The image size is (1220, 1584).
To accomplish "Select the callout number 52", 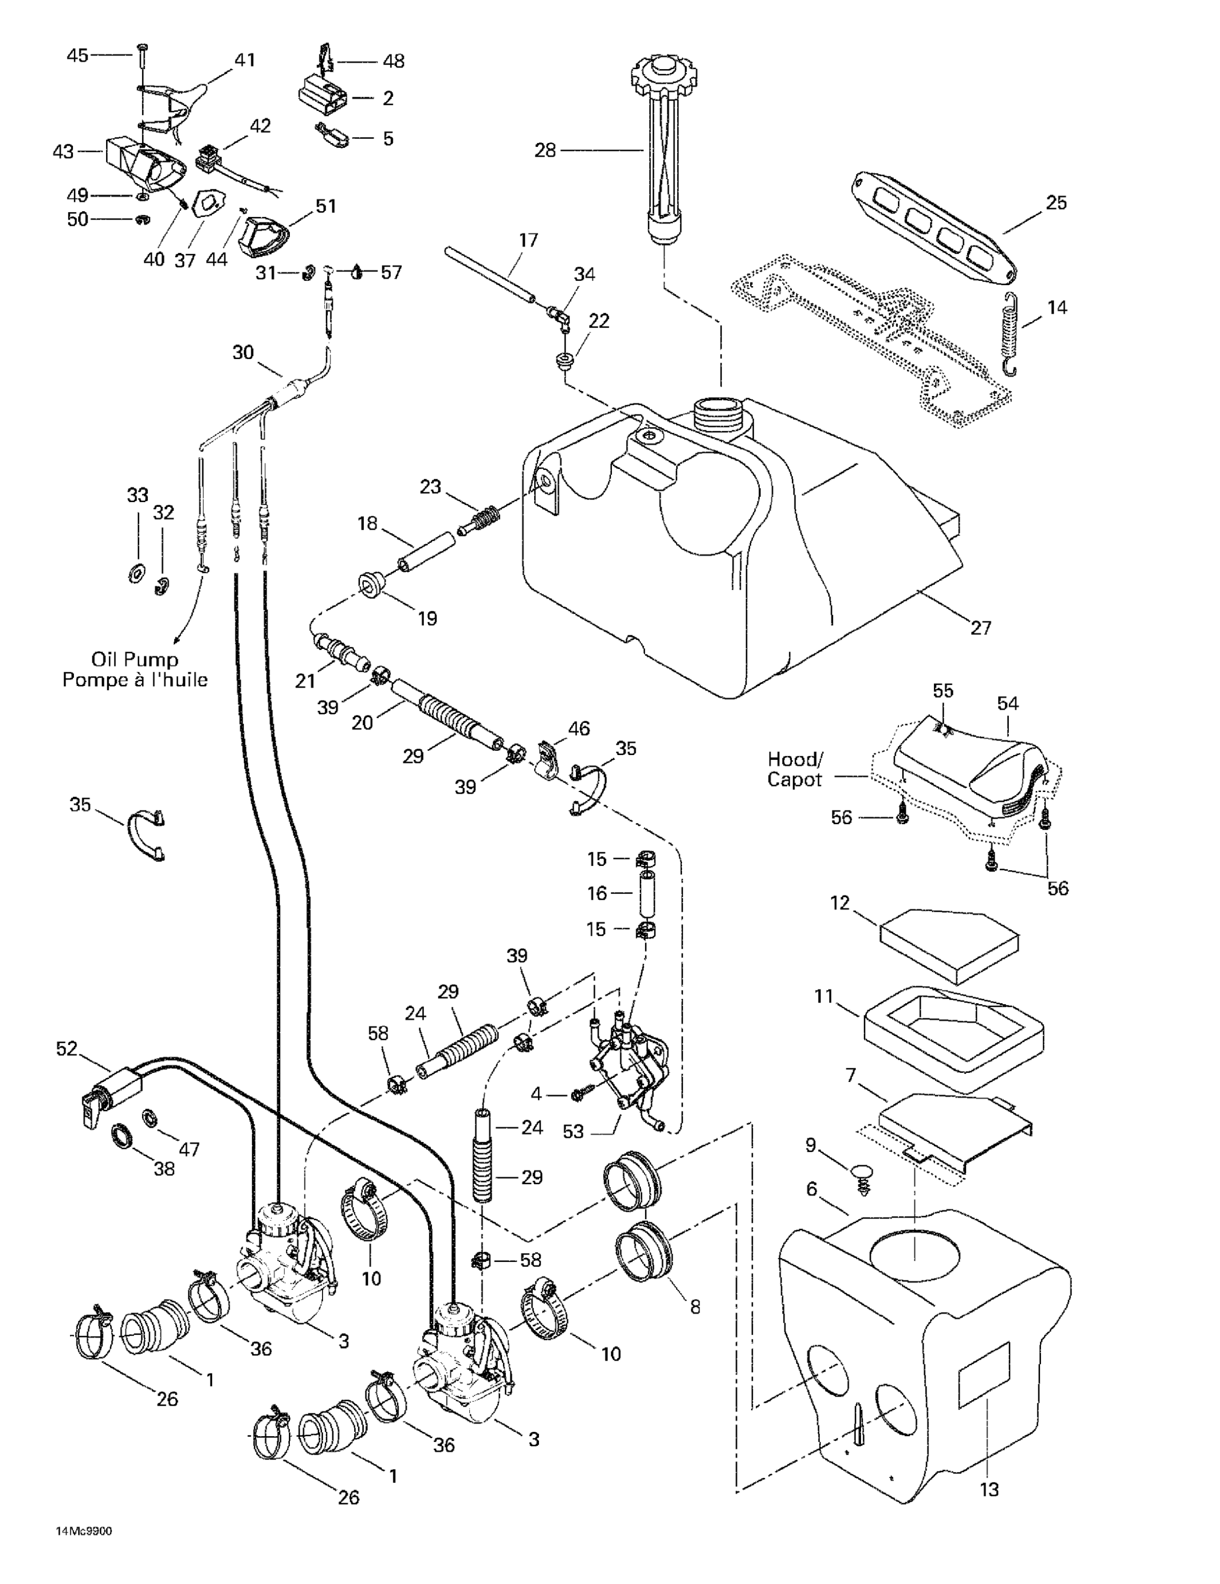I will coord(67,1049).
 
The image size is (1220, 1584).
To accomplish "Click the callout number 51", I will coord(326,206).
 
